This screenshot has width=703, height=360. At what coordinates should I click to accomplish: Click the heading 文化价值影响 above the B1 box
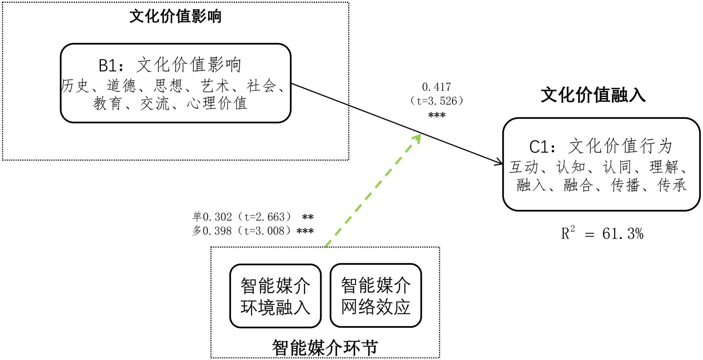pyautogui.click(x=175, y=17)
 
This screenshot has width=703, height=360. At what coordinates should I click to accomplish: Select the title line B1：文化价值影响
pyautogui.click(x=170, y=65)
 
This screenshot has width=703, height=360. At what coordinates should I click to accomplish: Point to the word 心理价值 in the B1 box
pyautogui.click(x=217, y=103)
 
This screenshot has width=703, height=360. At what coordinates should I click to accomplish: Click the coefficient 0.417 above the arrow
pyautogui.click(x=436, y=87)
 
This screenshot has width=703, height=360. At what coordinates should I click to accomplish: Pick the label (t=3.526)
pyautogui.click(x=436, y=101)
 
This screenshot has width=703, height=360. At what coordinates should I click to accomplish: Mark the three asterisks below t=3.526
pyautogui.click(x=437, y=115)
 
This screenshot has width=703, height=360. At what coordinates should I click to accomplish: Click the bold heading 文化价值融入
pyautogui.click(x=593, y=95)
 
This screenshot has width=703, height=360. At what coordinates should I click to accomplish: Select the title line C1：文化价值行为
pyautogui.click(x=601, y=146)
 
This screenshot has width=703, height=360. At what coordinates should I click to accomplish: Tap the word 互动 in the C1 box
pyautogui.click(x=524, y=167)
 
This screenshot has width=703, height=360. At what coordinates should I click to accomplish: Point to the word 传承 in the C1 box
pyautogui.click(x=672, y=185)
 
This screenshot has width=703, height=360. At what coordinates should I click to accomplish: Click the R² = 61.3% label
pyautogui.click(x=602, y=233)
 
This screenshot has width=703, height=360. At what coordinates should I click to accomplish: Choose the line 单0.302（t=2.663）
pyautogui.click(x=242, y=217)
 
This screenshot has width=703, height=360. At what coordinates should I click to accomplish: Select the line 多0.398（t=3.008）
pyautogui.click(x=242, y=231)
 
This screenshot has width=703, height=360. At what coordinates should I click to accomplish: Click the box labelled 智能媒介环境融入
pyautogui.click(x=275, y=296)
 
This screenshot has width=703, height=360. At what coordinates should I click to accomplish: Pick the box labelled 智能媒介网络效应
pyautogui.click(x=375, y=295)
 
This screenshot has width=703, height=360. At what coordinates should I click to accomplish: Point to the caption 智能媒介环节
pyautogui.click(x=325, y=348)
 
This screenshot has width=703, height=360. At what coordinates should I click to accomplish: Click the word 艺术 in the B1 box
pyautogui.click(x=215, y=86)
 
